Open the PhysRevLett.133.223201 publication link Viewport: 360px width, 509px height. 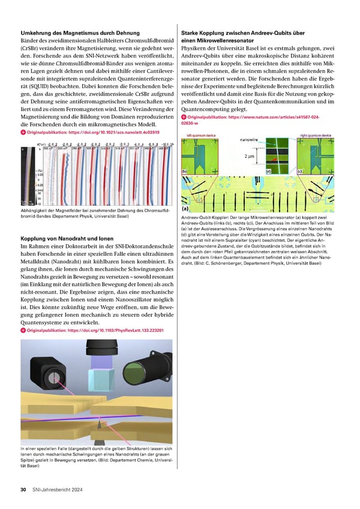pos(100,331)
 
